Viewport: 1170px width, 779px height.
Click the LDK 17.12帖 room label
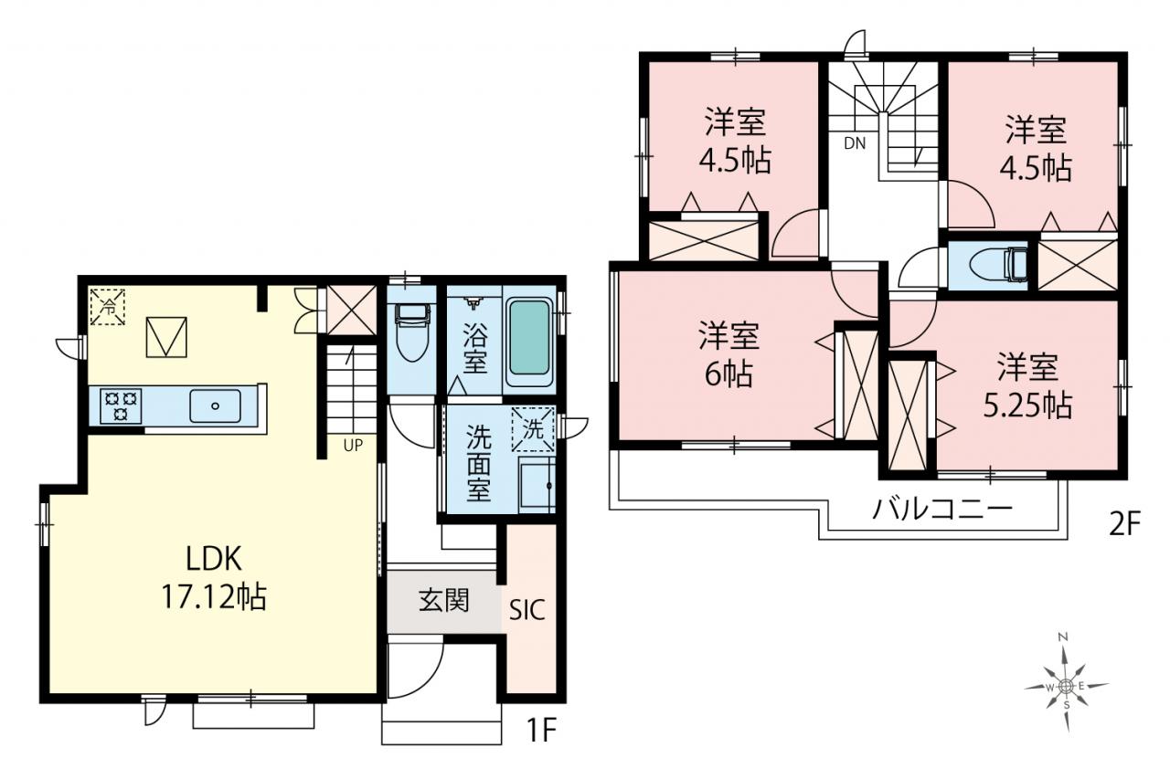[214, 577]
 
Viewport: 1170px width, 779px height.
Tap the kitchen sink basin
[215, 405]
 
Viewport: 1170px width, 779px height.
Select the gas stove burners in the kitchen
[121, 405]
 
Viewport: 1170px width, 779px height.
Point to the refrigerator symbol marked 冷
[108, 307]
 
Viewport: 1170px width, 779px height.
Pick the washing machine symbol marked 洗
[533, 429]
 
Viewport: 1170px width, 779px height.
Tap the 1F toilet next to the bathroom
[412, 332]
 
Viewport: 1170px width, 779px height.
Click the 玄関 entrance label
[444, 601]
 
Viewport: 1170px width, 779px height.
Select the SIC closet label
[527, 609]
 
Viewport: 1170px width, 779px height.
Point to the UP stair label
[353, 446]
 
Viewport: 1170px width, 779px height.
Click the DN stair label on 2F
[855, 143]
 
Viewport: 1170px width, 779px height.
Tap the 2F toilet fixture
[998, 266]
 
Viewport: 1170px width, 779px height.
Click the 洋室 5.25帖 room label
[1028, 386]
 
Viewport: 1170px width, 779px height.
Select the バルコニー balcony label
[943, 509]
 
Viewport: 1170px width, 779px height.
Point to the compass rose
[1066, 686]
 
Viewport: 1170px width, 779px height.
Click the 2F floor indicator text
[1123, 523]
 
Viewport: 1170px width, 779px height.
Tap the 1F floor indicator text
[541, 731]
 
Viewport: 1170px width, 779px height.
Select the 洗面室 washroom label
[478, 463]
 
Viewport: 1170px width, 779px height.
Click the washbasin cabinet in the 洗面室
[537, 485]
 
